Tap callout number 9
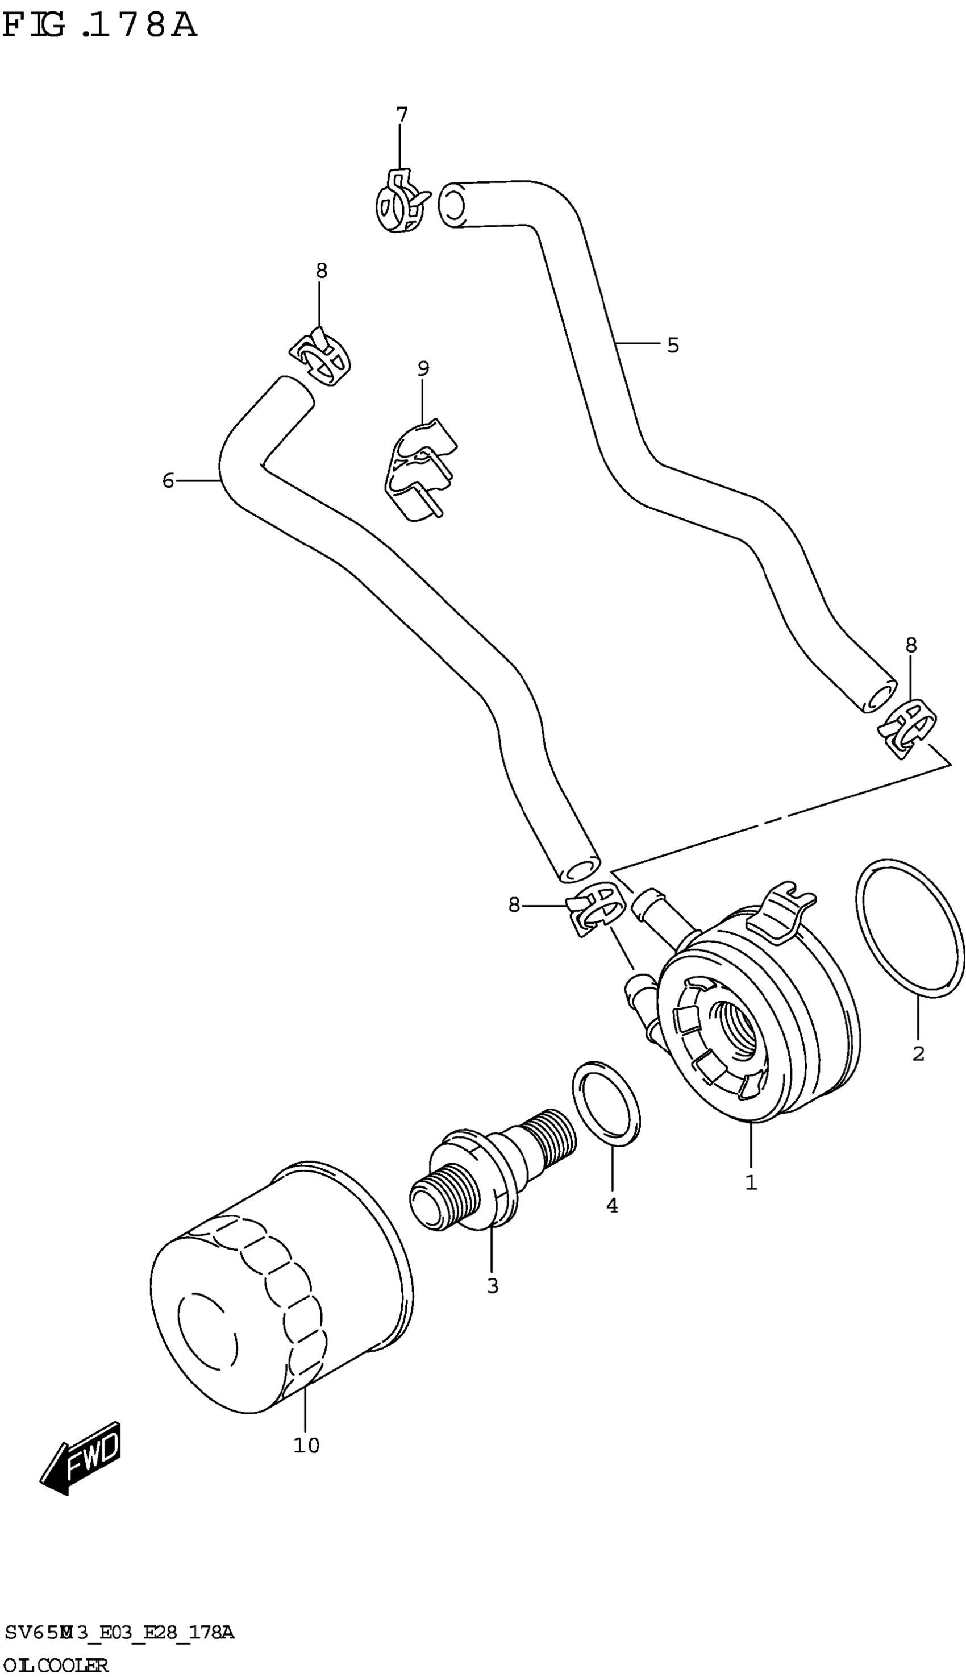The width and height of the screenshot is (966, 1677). tap(423, 368)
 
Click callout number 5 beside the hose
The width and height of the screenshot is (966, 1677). tap(673, 345)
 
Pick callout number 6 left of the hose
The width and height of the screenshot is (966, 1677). tap(168, 480)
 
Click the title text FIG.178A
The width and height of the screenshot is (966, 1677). tap(99, 27)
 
